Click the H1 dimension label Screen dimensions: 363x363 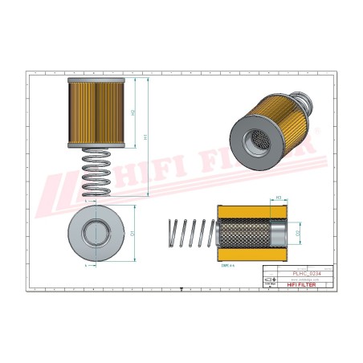click(145, 137)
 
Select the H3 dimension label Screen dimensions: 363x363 click(278, 198)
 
